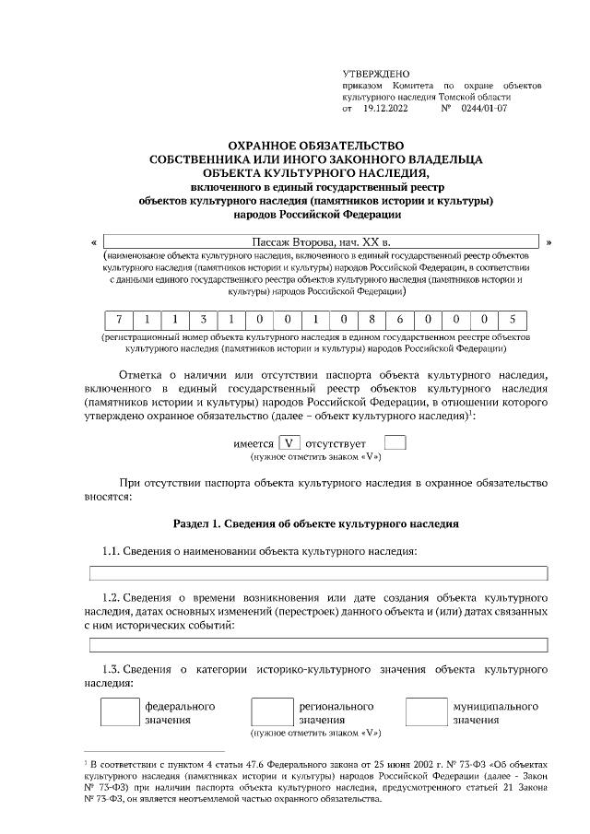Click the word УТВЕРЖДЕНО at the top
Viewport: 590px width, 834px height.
tap(376, 73)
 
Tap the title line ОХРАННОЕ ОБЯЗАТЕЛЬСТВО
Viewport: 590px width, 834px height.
tap(316, 146)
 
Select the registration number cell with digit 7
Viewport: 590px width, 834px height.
tap(117, 320)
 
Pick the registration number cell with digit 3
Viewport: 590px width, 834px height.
tap(203, 320)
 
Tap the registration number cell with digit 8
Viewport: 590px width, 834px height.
tap(370, 320)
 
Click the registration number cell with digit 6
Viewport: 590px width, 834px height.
tap(398, 320)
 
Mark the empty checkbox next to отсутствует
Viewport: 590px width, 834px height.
tap(395, 443)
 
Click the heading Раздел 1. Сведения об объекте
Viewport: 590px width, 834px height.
tap(316, 523)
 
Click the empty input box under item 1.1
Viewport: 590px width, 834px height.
tap(317, 573)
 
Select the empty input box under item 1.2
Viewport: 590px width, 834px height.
tap(317, 644)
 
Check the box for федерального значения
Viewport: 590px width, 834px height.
tap(119, 712)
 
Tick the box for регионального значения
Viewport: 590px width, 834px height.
tap(272, 712)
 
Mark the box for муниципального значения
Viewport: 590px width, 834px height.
tap(426, 712)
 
